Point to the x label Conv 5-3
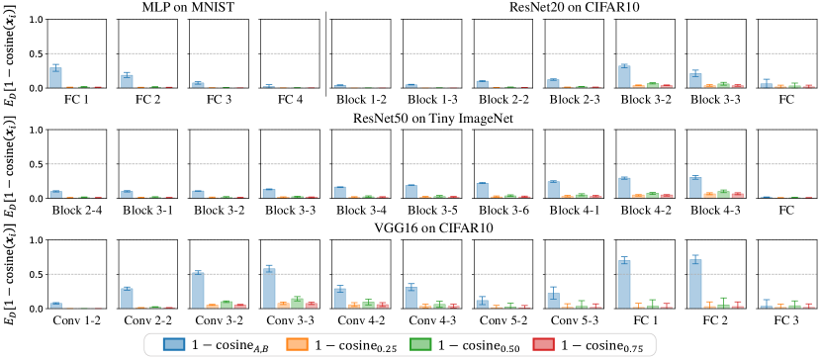click(x=575, y=320)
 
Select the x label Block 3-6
click(x=503, y=210)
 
